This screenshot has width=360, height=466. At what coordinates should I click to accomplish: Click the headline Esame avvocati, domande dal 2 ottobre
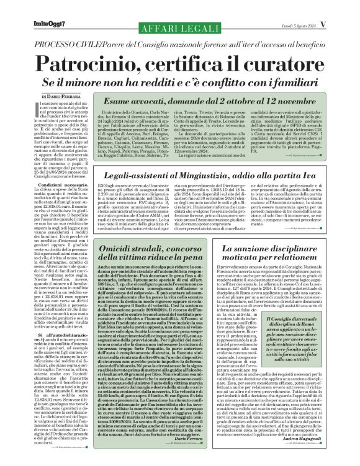pos(213,101)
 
